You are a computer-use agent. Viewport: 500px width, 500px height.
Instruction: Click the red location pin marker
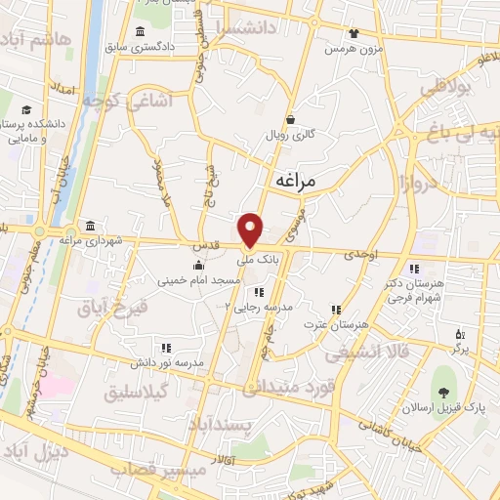(x=251, y=229)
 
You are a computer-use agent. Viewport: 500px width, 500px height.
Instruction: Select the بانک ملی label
(x=262, y=262)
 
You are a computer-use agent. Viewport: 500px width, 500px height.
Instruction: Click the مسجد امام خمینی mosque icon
(x=199, y=266)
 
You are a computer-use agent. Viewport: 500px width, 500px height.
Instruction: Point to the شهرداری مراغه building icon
(x=90, y=227)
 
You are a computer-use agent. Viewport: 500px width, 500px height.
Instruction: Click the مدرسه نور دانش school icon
(x=165, y=348)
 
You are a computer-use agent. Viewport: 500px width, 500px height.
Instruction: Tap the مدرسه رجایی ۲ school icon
(x=258, y=292)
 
